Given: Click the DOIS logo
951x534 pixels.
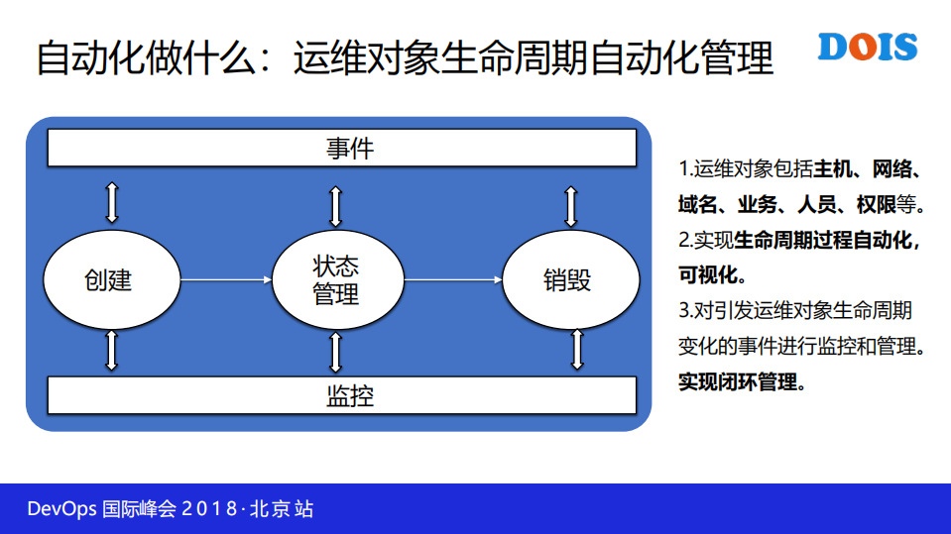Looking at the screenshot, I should point(869,48).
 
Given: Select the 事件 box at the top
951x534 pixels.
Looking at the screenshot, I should point(342,149).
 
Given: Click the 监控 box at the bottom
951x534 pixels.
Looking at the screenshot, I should point(342,396).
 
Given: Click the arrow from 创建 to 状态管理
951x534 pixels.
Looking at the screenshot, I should point(226,280).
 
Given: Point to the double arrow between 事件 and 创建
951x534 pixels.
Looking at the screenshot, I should point(112,201).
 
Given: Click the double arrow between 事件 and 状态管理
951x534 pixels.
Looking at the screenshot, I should point(336,204).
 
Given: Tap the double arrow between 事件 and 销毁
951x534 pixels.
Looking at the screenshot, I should point(570,204).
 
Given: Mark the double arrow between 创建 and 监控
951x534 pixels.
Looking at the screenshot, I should point(112,351).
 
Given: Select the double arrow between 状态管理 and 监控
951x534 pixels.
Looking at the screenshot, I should point(336,353).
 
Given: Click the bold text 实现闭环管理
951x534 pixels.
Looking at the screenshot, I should point(742,382).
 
